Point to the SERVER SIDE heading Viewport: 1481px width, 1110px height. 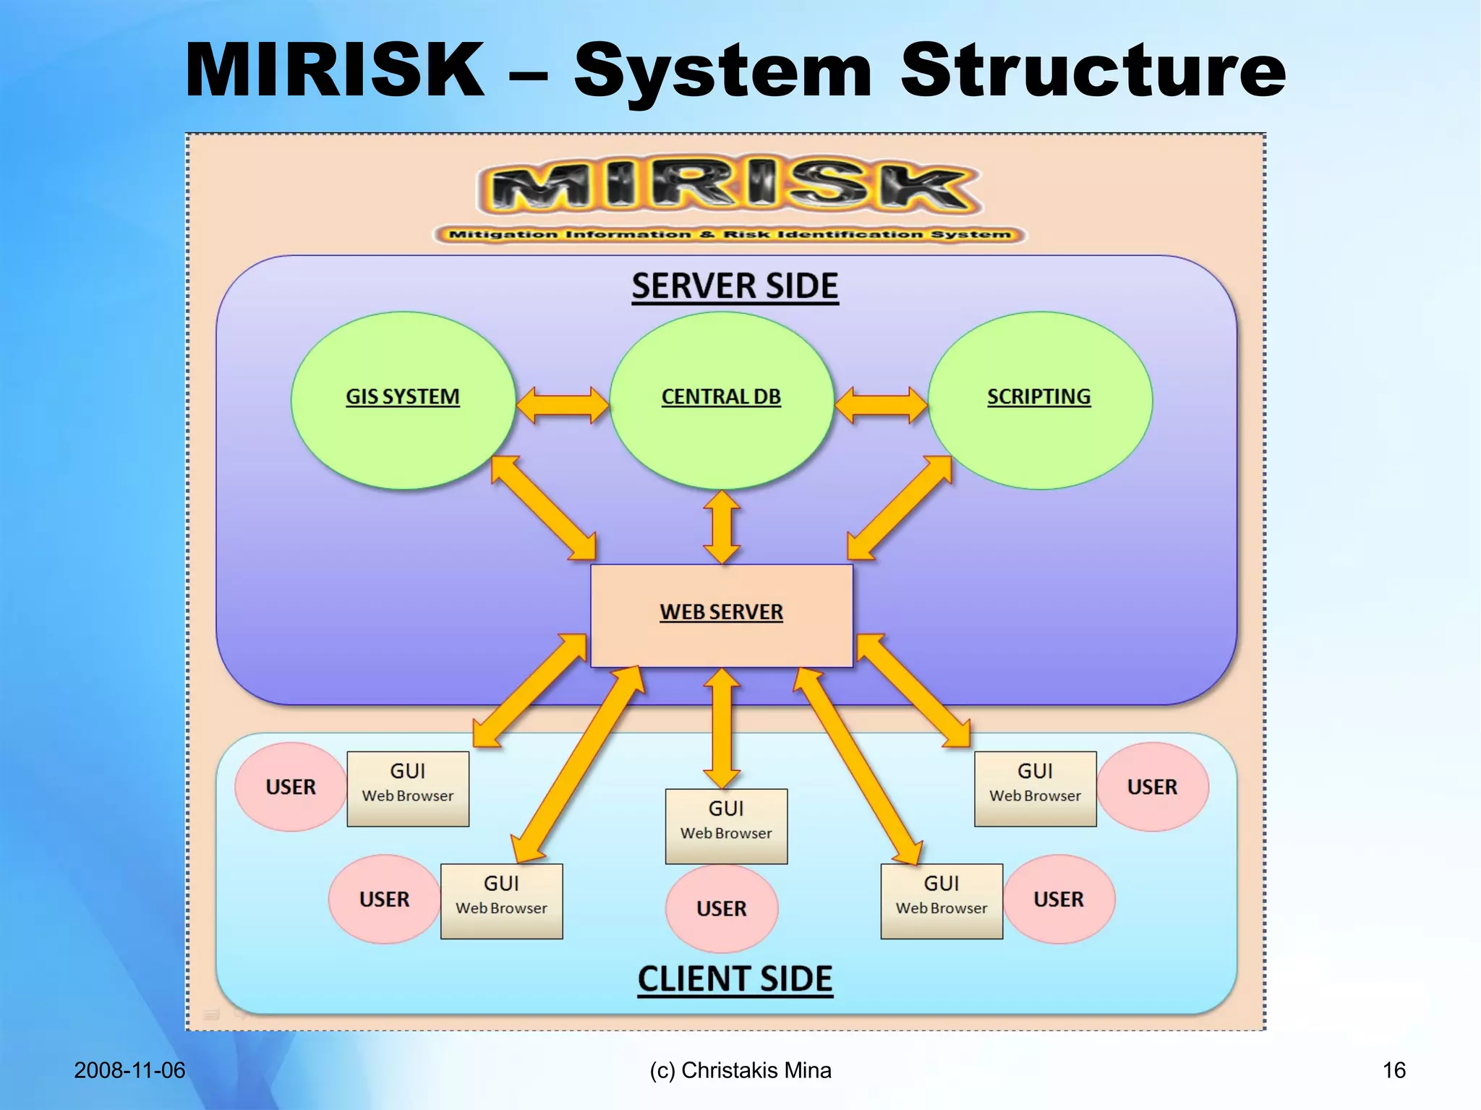[x=735, y=286]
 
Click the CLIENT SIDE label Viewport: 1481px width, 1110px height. [x=735, y=979]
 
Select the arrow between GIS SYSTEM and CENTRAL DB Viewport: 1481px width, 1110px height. [x=563, y=405]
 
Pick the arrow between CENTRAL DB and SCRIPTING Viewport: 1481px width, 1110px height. [x=881, y=405]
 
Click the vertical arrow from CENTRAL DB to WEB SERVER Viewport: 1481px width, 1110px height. [x=722, y=527]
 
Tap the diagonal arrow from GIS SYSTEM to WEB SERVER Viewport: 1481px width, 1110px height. [x=543, y=508]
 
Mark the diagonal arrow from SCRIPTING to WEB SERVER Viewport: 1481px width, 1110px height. [x=899, y=508]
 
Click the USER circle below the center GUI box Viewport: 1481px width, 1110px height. [x=721, y=908]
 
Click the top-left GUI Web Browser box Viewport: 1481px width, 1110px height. [x=408, y=788]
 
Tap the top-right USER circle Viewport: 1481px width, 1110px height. [x=1152, y=787]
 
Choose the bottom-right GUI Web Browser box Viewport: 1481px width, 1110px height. [x=942, y=901]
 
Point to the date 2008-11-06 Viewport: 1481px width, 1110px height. [x=129, y=1070]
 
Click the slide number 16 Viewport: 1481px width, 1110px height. [x=1393, y=1070]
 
